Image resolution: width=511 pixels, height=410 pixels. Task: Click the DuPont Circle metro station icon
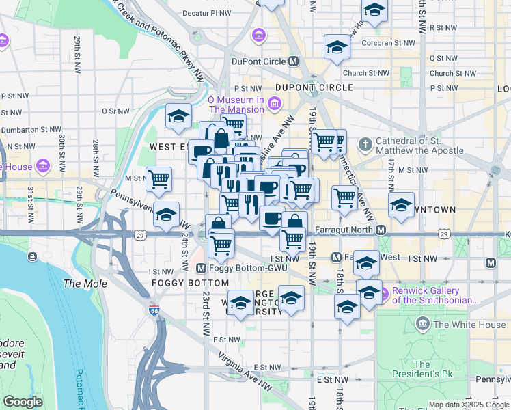[294, 61]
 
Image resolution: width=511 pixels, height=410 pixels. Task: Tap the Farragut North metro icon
[381, 230]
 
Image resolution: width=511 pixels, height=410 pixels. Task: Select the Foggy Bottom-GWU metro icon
[202, 268]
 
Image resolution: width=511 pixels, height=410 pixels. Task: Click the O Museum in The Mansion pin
[274, 104]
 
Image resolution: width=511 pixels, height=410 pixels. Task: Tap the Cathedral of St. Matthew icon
[366, 145]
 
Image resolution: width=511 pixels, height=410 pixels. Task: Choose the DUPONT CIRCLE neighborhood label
[314, 87]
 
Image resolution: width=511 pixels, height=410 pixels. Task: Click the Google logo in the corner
[22, 402]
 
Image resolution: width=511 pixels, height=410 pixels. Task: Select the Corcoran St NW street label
[389, 42]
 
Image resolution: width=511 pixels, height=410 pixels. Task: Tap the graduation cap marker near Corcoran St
[336, 47]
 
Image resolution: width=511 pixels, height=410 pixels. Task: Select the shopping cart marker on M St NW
[159, 180]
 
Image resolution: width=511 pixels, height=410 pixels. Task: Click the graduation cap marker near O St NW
[178, 116]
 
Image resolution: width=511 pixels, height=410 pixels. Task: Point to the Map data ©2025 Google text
[468, 405]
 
